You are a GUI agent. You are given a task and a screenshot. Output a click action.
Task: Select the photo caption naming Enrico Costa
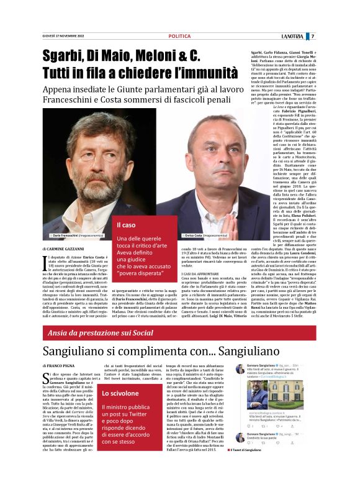click(x=189, y=236)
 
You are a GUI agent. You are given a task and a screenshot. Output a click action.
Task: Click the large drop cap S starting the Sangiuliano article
click(x=47, y=380)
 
